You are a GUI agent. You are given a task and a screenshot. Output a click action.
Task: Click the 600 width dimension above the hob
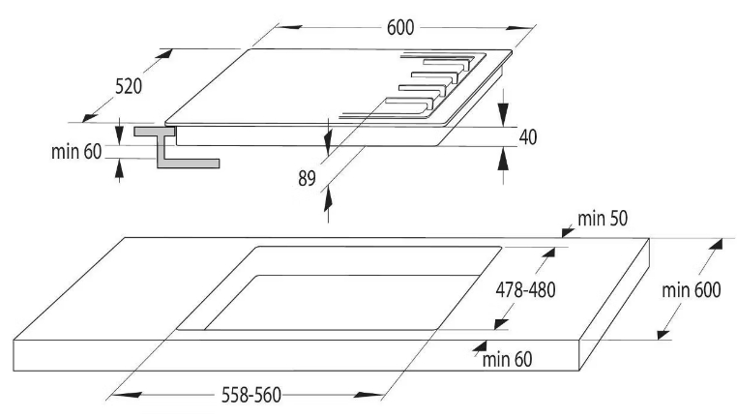click(x=400, y=28)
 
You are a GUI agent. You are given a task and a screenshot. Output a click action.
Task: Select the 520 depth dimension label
click(x=129, y=86)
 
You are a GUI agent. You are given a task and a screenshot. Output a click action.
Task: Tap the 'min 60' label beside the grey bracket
click(x=76, y=151)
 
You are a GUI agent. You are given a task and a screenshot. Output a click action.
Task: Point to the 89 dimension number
click(x=307, y=179)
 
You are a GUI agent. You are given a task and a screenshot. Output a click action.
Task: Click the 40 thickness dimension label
click(x=528, y=136)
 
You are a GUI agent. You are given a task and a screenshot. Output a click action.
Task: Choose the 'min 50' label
click(x=603, y=219)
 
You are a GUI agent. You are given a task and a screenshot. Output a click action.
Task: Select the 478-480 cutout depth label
click(x=525, y=289)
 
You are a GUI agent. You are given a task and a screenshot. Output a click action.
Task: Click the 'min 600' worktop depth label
click(x=692, y=290)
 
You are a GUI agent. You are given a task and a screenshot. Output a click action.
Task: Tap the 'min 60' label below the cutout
click(x=507, y=360)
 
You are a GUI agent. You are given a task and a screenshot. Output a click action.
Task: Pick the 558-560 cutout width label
click(x=251, y=395)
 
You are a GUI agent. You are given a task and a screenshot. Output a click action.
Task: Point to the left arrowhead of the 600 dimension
click(x=288, y=27)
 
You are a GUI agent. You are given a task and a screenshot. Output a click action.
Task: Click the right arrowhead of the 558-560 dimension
click(x=369, y=395)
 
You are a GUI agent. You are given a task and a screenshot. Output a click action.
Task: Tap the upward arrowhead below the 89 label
click(x=328, y=198)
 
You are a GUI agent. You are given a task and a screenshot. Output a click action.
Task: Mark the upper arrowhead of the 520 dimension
click(x=163, y=53)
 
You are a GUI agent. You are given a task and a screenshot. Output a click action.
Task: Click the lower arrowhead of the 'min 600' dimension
click(x=663, y=335)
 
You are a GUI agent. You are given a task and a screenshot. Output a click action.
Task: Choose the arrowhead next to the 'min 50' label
click(x=569, y=231)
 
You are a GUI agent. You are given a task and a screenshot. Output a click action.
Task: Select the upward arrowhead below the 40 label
click(x=503, y=159)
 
